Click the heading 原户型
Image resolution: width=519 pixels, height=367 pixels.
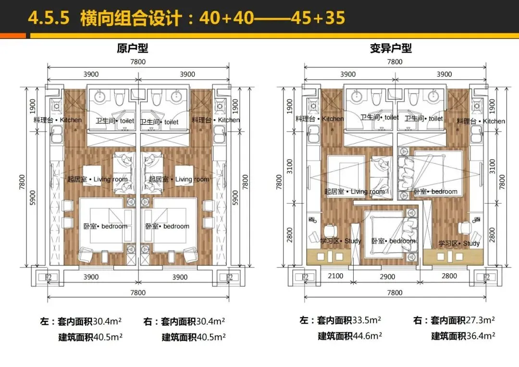[x=133, y=49]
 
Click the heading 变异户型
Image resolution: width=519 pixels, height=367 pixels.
[x=391, y=49]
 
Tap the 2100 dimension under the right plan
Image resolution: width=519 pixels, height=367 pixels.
[x=335, y=276]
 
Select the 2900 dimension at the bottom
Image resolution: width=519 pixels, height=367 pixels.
[x=387, y=277]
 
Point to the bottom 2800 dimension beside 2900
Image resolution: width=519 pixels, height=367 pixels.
[x=449, y=276]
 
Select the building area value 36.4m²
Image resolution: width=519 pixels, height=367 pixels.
[x=481, y=336]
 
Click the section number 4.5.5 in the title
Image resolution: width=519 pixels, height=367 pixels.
[x=49, y=18]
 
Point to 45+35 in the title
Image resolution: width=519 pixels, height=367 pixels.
[x=318, y=18]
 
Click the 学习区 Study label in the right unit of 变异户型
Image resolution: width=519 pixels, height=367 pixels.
[x=459, y=244]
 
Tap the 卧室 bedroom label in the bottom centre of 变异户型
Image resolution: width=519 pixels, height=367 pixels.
[x=393, y=241]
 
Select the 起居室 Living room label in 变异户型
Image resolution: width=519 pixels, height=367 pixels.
[x=355, y=192]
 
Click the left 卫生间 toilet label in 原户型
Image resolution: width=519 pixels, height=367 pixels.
[x=115, y=121]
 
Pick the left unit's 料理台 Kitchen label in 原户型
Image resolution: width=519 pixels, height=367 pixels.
[x=58, y=120]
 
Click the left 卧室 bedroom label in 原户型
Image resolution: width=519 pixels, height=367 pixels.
[x=105, y=226]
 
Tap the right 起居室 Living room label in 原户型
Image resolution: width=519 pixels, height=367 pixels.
[x=179, y=179]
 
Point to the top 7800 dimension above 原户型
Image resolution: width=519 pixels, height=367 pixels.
[x=138, y=62]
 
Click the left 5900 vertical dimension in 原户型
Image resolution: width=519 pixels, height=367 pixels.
[x=33, y=197]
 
